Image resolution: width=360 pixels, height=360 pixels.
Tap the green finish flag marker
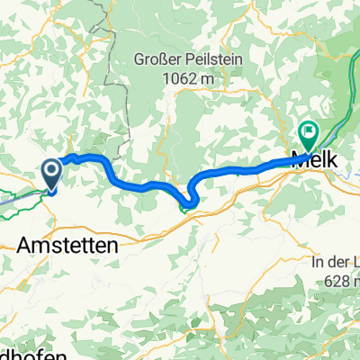pyautogui.click(x=309, y=137)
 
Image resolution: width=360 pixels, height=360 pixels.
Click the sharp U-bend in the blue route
pyautogui.click(x=190, y=202)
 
